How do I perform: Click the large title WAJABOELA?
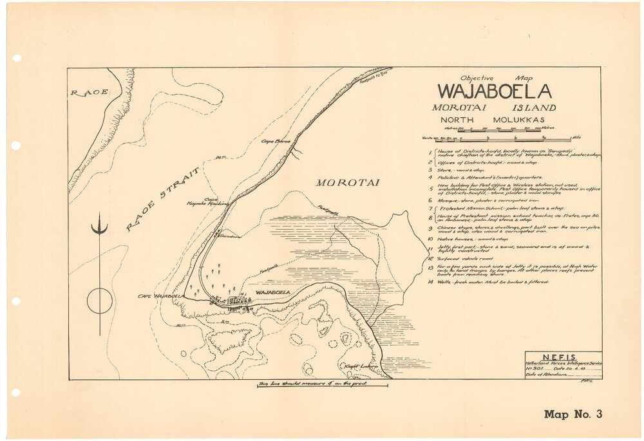(x=495, y=91)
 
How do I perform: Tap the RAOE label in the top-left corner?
(x=89, y=93)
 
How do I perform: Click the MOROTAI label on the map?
(x=347, y=183)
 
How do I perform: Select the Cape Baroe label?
(x=276, y=140)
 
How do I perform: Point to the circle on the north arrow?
(x=100, y=301)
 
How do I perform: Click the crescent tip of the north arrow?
(x=100, y=228)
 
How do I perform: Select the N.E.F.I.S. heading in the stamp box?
(x=563, y=357)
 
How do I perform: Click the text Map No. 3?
(x=573, y=414)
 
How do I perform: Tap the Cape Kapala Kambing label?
(x=216, y=202)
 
